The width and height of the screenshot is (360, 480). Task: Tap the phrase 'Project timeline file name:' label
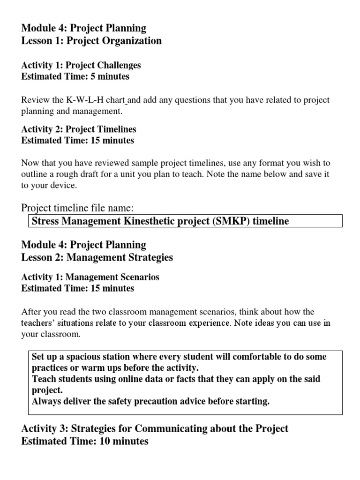[80, 208]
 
